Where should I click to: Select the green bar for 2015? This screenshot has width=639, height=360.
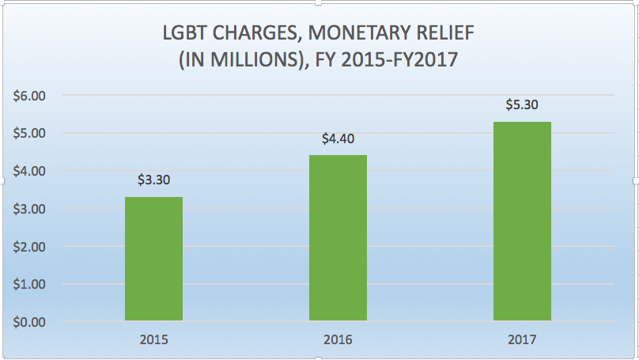click(x=153, y=260)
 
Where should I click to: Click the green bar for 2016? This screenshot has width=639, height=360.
click(x=338, y=238)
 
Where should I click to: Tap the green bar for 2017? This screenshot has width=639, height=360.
click(x=522, y=222)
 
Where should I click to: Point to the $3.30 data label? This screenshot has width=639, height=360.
click(x=153, y=180)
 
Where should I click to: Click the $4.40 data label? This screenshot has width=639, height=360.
click(x=338, y=138)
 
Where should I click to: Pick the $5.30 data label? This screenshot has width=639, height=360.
click(x=522, y=104)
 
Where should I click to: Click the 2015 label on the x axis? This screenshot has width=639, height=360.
click(x=153, y=340)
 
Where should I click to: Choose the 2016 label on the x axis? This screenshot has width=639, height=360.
click(x=338, y=340)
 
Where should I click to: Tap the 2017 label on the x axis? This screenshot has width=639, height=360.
click(x=522, y=340)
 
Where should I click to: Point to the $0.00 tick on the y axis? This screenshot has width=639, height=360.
click(x=31, y=322)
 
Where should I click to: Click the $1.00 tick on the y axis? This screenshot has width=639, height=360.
click(x=31, y=284)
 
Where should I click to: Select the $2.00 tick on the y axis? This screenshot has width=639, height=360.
click(x=31, y=247)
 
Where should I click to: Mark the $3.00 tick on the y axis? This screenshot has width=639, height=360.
click(x=31, y=209)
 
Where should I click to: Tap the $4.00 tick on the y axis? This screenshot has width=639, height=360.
click(x=31, y=171)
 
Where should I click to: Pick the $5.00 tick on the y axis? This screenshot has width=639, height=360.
click(x=31, y=133)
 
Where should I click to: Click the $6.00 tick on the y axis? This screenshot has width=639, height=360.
click(x=31, y=96)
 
